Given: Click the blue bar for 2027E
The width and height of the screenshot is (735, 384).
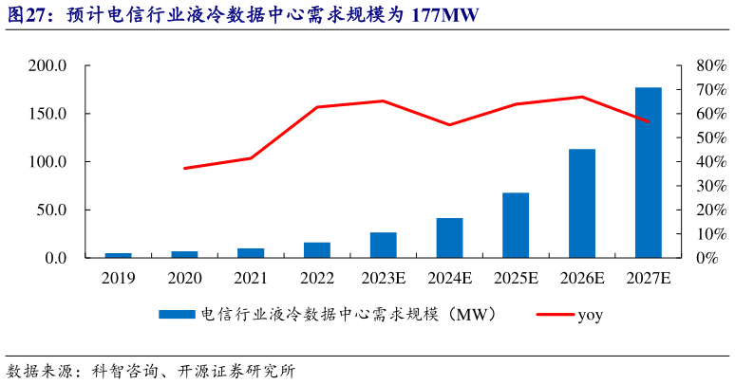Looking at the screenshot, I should [649, 173].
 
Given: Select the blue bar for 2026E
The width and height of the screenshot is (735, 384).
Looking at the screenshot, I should [582, 203].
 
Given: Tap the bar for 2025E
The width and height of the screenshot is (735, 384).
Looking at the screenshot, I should [516, 225].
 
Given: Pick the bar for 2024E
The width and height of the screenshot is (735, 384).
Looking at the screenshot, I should [449, 238].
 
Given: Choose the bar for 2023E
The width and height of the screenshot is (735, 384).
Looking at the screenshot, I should [383, 245].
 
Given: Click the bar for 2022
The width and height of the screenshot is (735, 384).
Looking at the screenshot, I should [317, 249].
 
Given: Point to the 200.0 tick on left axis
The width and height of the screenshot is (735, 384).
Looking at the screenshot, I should [47, 66].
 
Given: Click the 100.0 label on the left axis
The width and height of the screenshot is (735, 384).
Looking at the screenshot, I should [47, 162].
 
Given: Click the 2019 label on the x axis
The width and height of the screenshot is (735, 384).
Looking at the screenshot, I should [118, 278].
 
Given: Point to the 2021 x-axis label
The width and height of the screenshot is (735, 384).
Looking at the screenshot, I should [251, 278].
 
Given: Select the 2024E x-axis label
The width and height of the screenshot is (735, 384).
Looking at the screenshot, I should [449, 278].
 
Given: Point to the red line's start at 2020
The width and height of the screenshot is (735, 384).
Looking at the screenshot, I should [185, 168].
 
